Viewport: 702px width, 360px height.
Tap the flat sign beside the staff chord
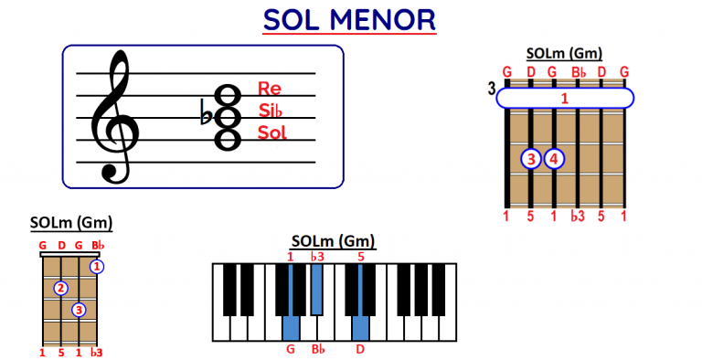click(205, 111)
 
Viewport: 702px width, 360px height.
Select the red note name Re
click(270, 89)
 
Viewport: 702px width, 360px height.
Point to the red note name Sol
click(272, 132)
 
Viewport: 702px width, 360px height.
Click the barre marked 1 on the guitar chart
click(565, 98)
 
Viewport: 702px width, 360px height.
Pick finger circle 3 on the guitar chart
click(532, 159)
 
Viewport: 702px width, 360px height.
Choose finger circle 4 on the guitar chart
click(555, 159)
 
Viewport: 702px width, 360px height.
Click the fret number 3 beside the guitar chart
click(492, 89)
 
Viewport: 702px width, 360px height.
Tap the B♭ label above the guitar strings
click(578, 71)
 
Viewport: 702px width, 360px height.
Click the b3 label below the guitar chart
click(578, 217)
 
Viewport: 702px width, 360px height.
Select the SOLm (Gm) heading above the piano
click(334, 241)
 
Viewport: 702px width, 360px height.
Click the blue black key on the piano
click(315, 288)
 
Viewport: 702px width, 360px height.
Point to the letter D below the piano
click(361, 348)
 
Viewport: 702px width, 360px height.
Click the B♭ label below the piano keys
click(317, 348)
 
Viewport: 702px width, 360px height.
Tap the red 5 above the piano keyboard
click(361, 257)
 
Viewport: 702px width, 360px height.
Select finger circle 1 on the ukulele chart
click(97, 267)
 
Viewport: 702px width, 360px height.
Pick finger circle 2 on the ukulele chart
click(61, 289)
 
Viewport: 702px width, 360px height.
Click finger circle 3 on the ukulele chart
click(80, 310)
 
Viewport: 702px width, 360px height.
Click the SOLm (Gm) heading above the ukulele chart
click(70, 222)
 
